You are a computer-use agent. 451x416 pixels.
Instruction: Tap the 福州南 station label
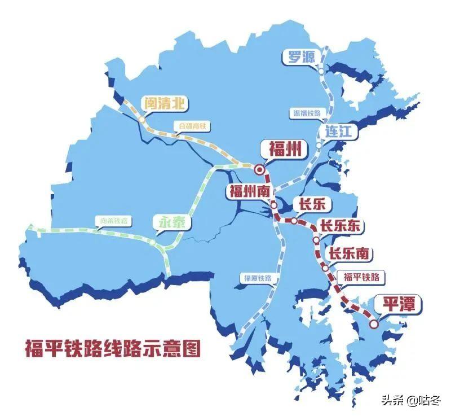249,191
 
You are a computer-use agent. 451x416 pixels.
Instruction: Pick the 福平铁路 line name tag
361,277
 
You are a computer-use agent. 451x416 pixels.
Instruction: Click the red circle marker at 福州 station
259,169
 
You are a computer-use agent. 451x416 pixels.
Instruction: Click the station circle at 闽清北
142,120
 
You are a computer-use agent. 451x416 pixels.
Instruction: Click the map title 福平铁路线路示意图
113,348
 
